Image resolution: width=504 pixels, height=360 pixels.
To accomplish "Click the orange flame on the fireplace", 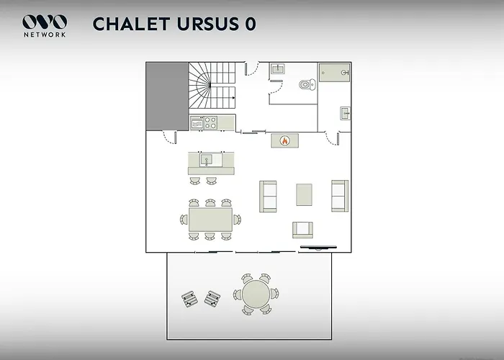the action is point(284,140).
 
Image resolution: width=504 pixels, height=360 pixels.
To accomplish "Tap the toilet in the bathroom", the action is point(307,84).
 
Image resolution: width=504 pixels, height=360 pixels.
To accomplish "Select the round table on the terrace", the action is point(256,294).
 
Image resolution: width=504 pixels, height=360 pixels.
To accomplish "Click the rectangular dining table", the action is point(210,220).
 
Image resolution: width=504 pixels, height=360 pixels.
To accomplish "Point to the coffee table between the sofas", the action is point(304,194).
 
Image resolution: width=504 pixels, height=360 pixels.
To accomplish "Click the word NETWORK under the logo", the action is point(45,35).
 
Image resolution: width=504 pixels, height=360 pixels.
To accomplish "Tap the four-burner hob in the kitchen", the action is point(210,123).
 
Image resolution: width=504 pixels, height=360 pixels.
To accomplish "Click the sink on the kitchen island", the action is point(206,160).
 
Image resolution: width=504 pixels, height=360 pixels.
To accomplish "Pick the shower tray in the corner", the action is point(334,73).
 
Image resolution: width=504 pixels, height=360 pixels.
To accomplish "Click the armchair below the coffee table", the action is point(302,230).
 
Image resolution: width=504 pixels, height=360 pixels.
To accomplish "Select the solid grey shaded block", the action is point(167,96).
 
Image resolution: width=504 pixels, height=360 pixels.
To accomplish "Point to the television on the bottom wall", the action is point(318,248).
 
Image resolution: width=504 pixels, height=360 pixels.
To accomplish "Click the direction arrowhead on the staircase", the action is point(233,98).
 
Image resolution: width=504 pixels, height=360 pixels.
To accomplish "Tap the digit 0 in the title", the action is point(251,24).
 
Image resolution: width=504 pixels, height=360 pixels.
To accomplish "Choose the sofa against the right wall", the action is point(340,196).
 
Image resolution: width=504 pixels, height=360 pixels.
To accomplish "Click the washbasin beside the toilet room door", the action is point(277,69).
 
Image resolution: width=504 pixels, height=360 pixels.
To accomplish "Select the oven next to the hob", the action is point(197,123).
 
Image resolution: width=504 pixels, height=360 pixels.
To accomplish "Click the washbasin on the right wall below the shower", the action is point(345,114).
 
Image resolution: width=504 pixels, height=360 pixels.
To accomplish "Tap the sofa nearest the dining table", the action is point(268,197).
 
